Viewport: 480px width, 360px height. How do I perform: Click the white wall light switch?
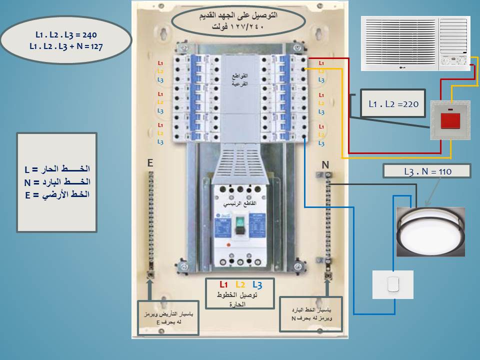393,284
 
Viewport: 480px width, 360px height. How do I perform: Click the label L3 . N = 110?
427,171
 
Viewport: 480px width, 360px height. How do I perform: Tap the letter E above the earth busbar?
149,162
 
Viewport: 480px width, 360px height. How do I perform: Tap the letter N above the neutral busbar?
325,164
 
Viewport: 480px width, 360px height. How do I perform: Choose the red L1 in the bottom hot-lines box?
224,284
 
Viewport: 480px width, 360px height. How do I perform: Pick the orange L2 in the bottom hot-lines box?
240,284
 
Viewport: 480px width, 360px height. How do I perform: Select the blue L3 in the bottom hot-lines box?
257,284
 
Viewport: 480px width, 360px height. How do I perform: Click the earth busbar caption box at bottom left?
168,317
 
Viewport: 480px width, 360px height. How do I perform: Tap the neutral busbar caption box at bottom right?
311,314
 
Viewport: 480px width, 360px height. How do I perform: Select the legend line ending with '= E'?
56,195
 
